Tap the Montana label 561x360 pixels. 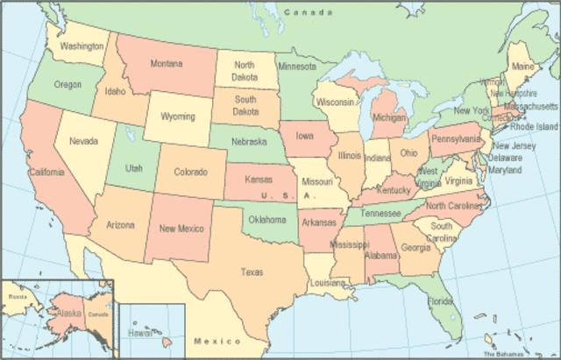[x=166, y=64]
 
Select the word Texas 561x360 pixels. [x=252, y=272]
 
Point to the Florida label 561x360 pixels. [x=441, y=301]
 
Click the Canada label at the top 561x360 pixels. [x=309, y=12]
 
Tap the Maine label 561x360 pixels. [x=522, y=67]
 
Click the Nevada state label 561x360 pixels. [x=83, y=140]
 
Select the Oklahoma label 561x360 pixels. [x=266, y=219]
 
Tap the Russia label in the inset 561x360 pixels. [x=18, y=297]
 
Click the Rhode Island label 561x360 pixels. [x=535, y=126]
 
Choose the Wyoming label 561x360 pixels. [x=176, y=116]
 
